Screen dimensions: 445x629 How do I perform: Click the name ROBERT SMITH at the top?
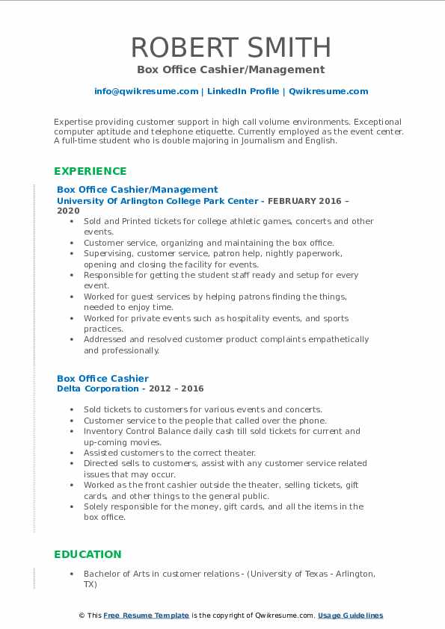(x=231, y=48)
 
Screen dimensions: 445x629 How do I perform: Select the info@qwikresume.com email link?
(x=146, y=91)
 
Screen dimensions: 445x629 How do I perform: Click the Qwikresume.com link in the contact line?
(x=328, y=91)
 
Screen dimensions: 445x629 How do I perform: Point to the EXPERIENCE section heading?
(x=90, y=171)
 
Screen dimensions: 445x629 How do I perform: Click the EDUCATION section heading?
(x=88, y=554)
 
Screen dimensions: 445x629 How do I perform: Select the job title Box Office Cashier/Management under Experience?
(x=138, y=190)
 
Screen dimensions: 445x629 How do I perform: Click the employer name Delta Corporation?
(x=97, y=388)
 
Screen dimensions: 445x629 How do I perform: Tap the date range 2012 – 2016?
(x=179, y=388)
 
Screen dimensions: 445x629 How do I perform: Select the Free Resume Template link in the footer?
(x=146, y=616)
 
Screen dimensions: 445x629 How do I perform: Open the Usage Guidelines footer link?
(x=350, y=616)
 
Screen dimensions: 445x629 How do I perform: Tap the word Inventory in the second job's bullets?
(x=103, y=431)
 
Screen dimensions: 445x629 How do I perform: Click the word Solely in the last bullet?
(x=96, y=506)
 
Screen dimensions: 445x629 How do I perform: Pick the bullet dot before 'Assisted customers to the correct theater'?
(x=71, y=453)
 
